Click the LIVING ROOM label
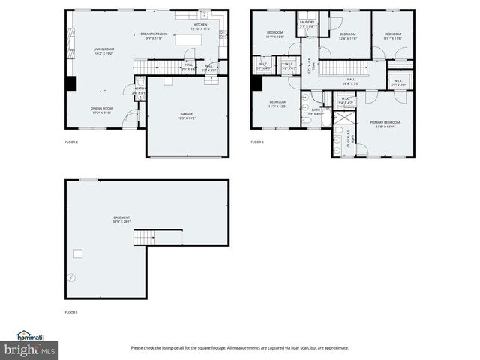coord(103,52)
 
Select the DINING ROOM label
coord(103,110)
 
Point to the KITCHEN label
coord(200,26)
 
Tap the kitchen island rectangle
coord(187,40)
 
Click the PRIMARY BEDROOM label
coord(385,124)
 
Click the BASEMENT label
coord(121,220)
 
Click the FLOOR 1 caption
coord(71,311)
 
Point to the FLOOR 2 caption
coord(71,142)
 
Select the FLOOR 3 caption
coord(257,142)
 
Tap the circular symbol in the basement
coord(71,277)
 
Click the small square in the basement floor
coord(77,253)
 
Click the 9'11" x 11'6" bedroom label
coord(393,36)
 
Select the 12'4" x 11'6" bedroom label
coord(347,36)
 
